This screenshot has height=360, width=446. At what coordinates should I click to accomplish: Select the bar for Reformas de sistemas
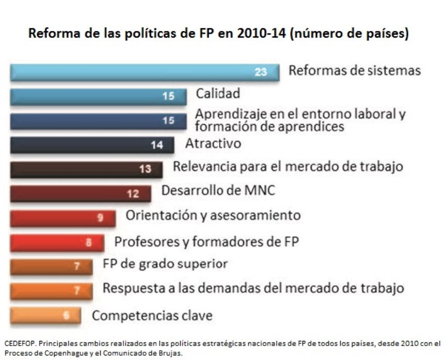pyautogui.click(x=145, y=72)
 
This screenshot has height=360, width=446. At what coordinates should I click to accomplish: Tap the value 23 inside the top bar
pyautogui.click(x=261, y=72)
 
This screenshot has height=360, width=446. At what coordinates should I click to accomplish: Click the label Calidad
pyautogui.click(x=218, y=93)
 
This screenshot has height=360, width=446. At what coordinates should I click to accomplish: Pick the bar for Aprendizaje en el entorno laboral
pyautogui.click(x=98, y=121)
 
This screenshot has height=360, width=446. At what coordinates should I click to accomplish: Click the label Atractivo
pyautogui.click(x=213, y=143)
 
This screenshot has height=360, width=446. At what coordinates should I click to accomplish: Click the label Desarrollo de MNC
pyautogui.click(x=218, y=190)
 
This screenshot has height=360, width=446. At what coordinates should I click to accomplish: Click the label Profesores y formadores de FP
pyautogui.click(x=206, y=241)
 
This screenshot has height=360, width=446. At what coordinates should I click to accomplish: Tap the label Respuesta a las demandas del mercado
pyautogui.click(x=253, y=288)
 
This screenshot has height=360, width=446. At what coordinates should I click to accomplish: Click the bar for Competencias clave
pyautogui.click(x=45, y=315)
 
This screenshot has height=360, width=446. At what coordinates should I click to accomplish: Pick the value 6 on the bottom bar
pyautogui.click(x=66, y=315)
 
